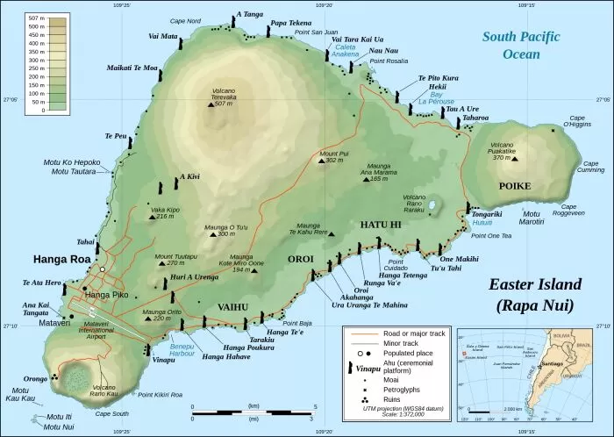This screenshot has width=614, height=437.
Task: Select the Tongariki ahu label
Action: [487, 213]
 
